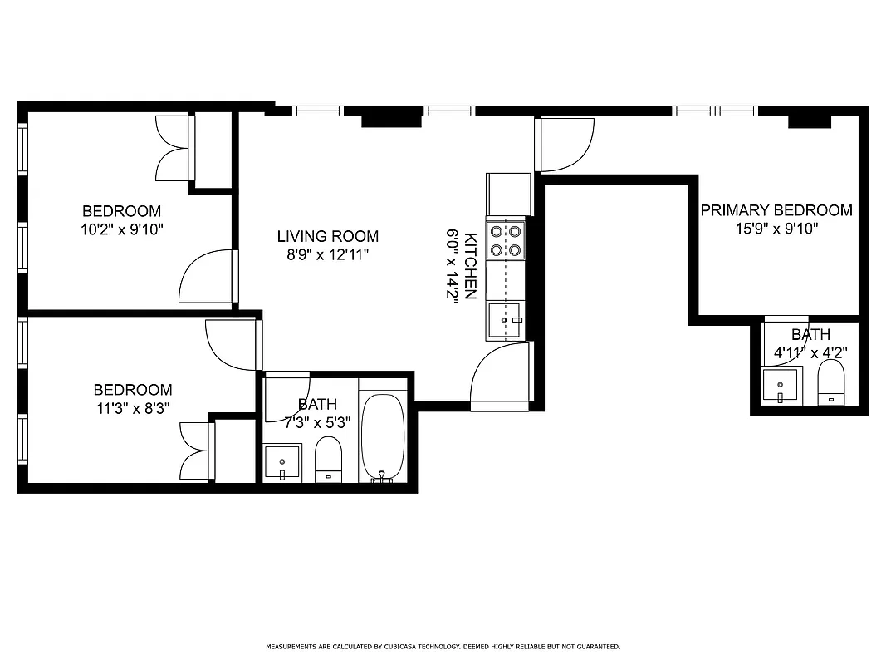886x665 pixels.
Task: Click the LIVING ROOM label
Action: click(x=327, y=236)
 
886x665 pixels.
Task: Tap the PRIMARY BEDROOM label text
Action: click(x=776, y=210)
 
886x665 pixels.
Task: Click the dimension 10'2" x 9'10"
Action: click(x=121, y=230)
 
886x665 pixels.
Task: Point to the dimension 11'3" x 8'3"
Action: click(x=132, y=408)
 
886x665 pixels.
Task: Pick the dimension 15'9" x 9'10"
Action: click(x=776, y=229)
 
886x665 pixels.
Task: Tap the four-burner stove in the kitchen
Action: click(x=506, y=240)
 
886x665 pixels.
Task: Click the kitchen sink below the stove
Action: click(x=506, y=320)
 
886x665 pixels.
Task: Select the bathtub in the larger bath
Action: click(x=383, y=437)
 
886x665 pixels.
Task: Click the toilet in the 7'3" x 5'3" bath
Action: click(x=329, y=460)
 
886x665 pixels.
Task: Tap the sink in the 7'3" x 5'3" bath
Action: click(x=283, y=462)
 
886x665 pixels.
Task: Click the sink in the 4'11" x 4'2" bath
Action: click(x=781, y=386)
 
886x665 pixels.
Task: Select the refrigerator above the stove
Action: click(x=508, y=194)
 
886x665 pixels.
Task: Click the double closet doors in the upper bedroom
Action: click(x=174, y=148)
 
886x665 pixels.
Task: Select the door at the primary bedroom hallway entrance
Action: click(x=566, y=144)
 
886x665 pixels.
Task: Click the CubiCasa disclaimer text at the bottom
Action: click(x=443, y=646)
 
